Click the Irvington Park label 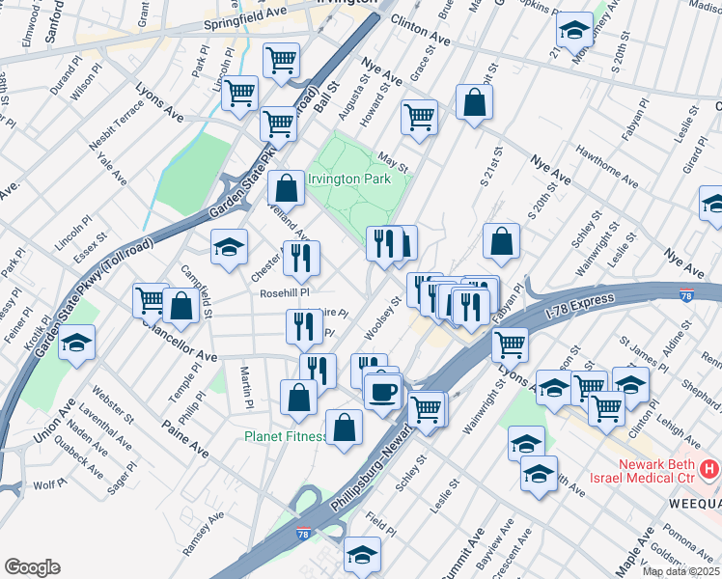(348, 179)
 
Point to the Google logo (32, 567)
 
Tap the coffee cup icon (382, 391)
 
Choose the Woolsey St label (382, 318)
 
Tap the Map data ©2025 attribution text (680, 571)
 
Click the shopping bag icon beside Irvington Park (287, 187)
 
